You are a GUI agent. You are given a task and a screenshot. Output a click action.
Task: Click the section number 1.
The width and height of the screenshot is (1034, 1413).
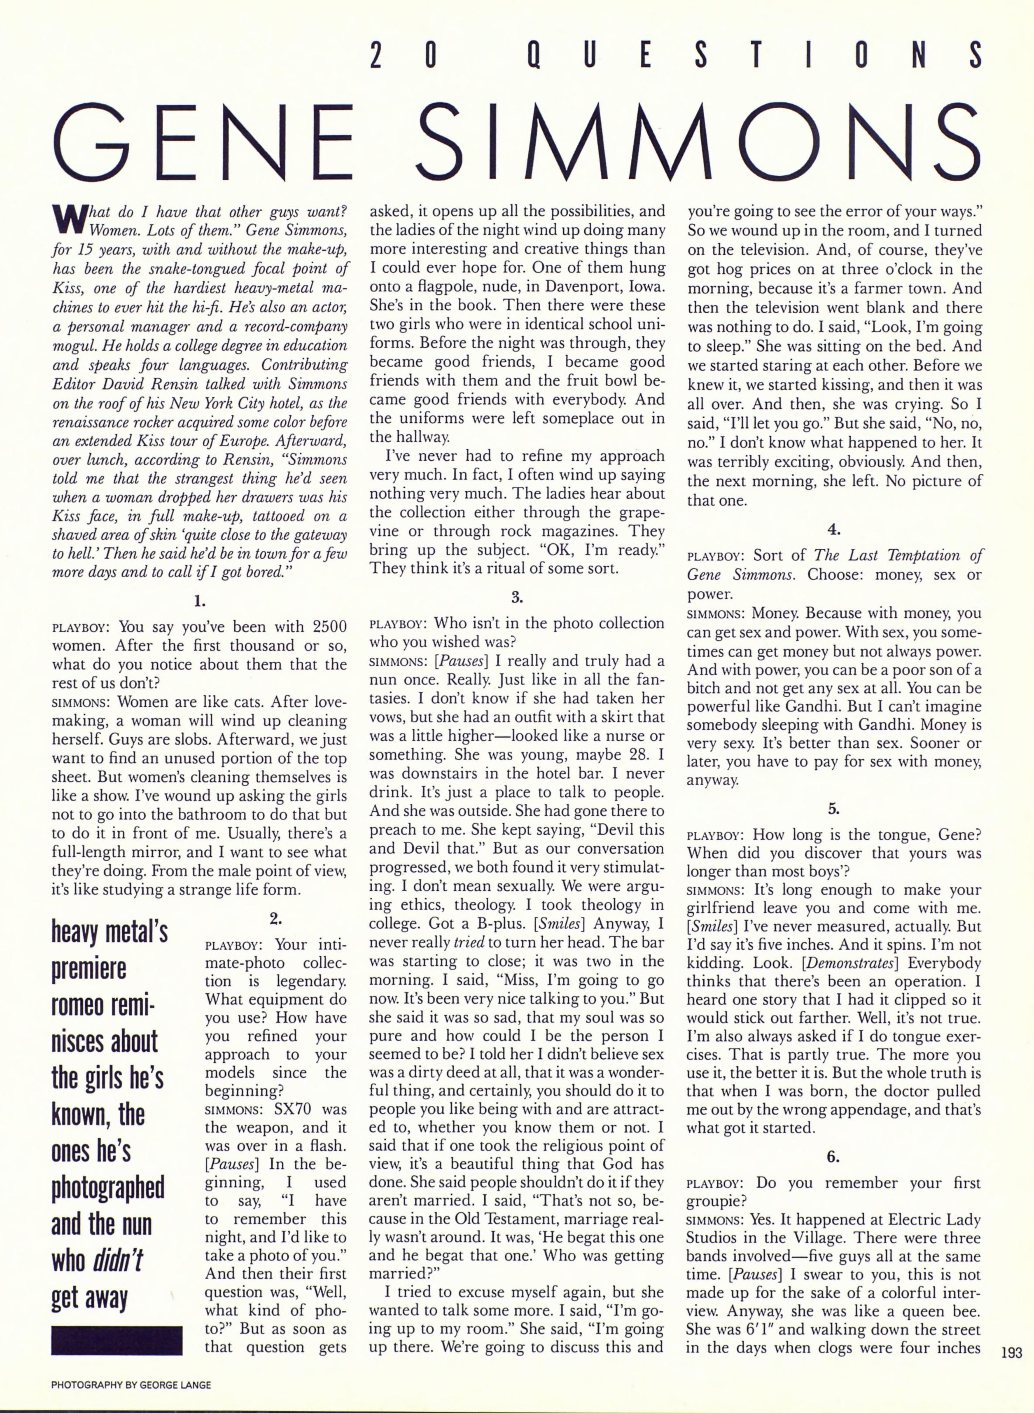click(x=199, y=602)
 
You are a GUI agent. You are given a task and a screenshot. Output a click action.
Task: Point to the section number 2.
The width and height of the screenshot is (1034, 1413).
click(x=275, y=919)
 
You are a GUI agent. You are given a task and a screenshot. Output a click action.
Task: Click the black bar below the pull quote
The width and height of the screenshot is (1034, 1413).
click(x=116, y=1341)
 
